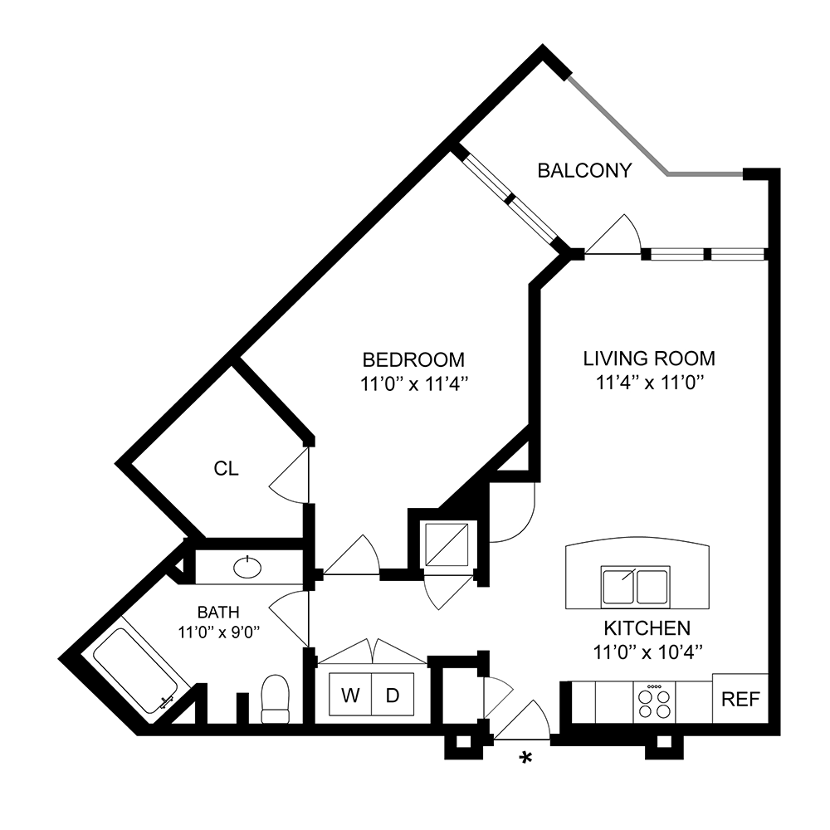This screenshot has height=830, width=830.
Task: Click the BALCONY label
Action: [x=584, y=171]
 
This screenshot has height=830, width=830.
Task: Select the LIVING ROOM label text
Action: [x=649, y=359]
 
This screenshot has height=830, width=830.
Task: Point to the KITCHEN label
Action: [x=648, y=627]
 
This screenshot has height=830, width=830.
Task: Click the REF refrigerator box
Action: [x=740, y=699]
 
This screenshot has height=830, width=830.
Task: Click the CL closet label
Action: [x=226, y=469]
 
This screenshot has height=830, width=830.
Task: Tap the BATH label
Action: [x=217, y=613]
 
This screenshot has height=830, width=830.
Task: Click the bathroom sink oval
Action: [x=247, y=568]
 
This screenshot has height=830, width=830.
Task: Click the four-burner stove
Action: [x=655, y=702]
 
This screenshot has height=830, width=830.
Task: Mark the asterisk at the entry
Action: [x=525, y=757]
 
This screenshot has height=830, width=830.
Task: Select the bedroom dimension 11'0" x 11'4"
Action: [x=413, y=383]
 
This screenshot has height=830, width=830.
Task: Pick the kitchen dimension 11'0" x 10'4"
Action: [x=648, y=652]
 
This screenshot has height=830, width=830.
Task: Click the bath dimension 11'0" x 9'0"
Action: [x=217, y=631]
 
